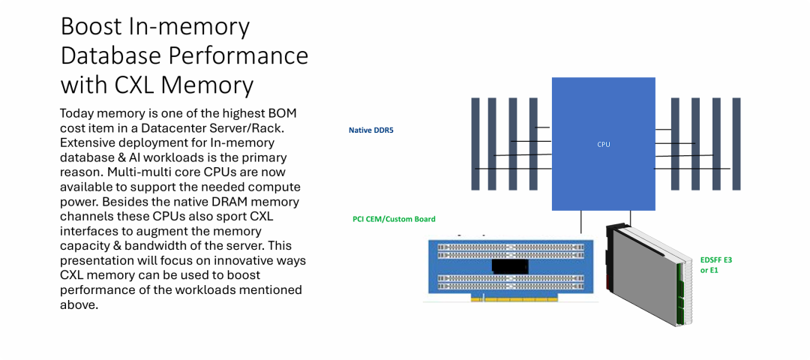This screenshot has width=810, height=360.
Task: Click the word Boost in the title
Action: click(91, 27)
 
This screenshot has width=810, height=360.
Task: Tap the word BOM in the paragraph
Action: click(282, 114)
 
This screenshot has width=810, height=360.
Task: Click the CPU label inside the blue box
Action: click(603, 145)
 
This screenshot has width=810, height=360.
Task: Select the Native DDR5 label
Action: click(371, 130)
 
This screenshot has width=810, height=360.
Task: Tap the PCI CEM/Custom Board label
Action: click(394, 219)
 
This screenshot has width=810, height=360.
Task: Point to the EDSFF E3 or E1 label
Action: click(716, 265)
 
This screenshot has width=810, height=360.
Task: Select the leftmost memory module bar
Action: click(475, 144)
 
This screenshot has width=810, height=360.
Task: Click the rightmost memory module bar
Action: click(736, 144)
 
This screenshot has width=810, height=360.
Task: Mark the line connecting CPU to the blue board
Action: click(581, 222)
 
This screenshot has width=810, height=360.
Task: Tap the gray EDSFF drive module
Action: click(649, 274)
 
